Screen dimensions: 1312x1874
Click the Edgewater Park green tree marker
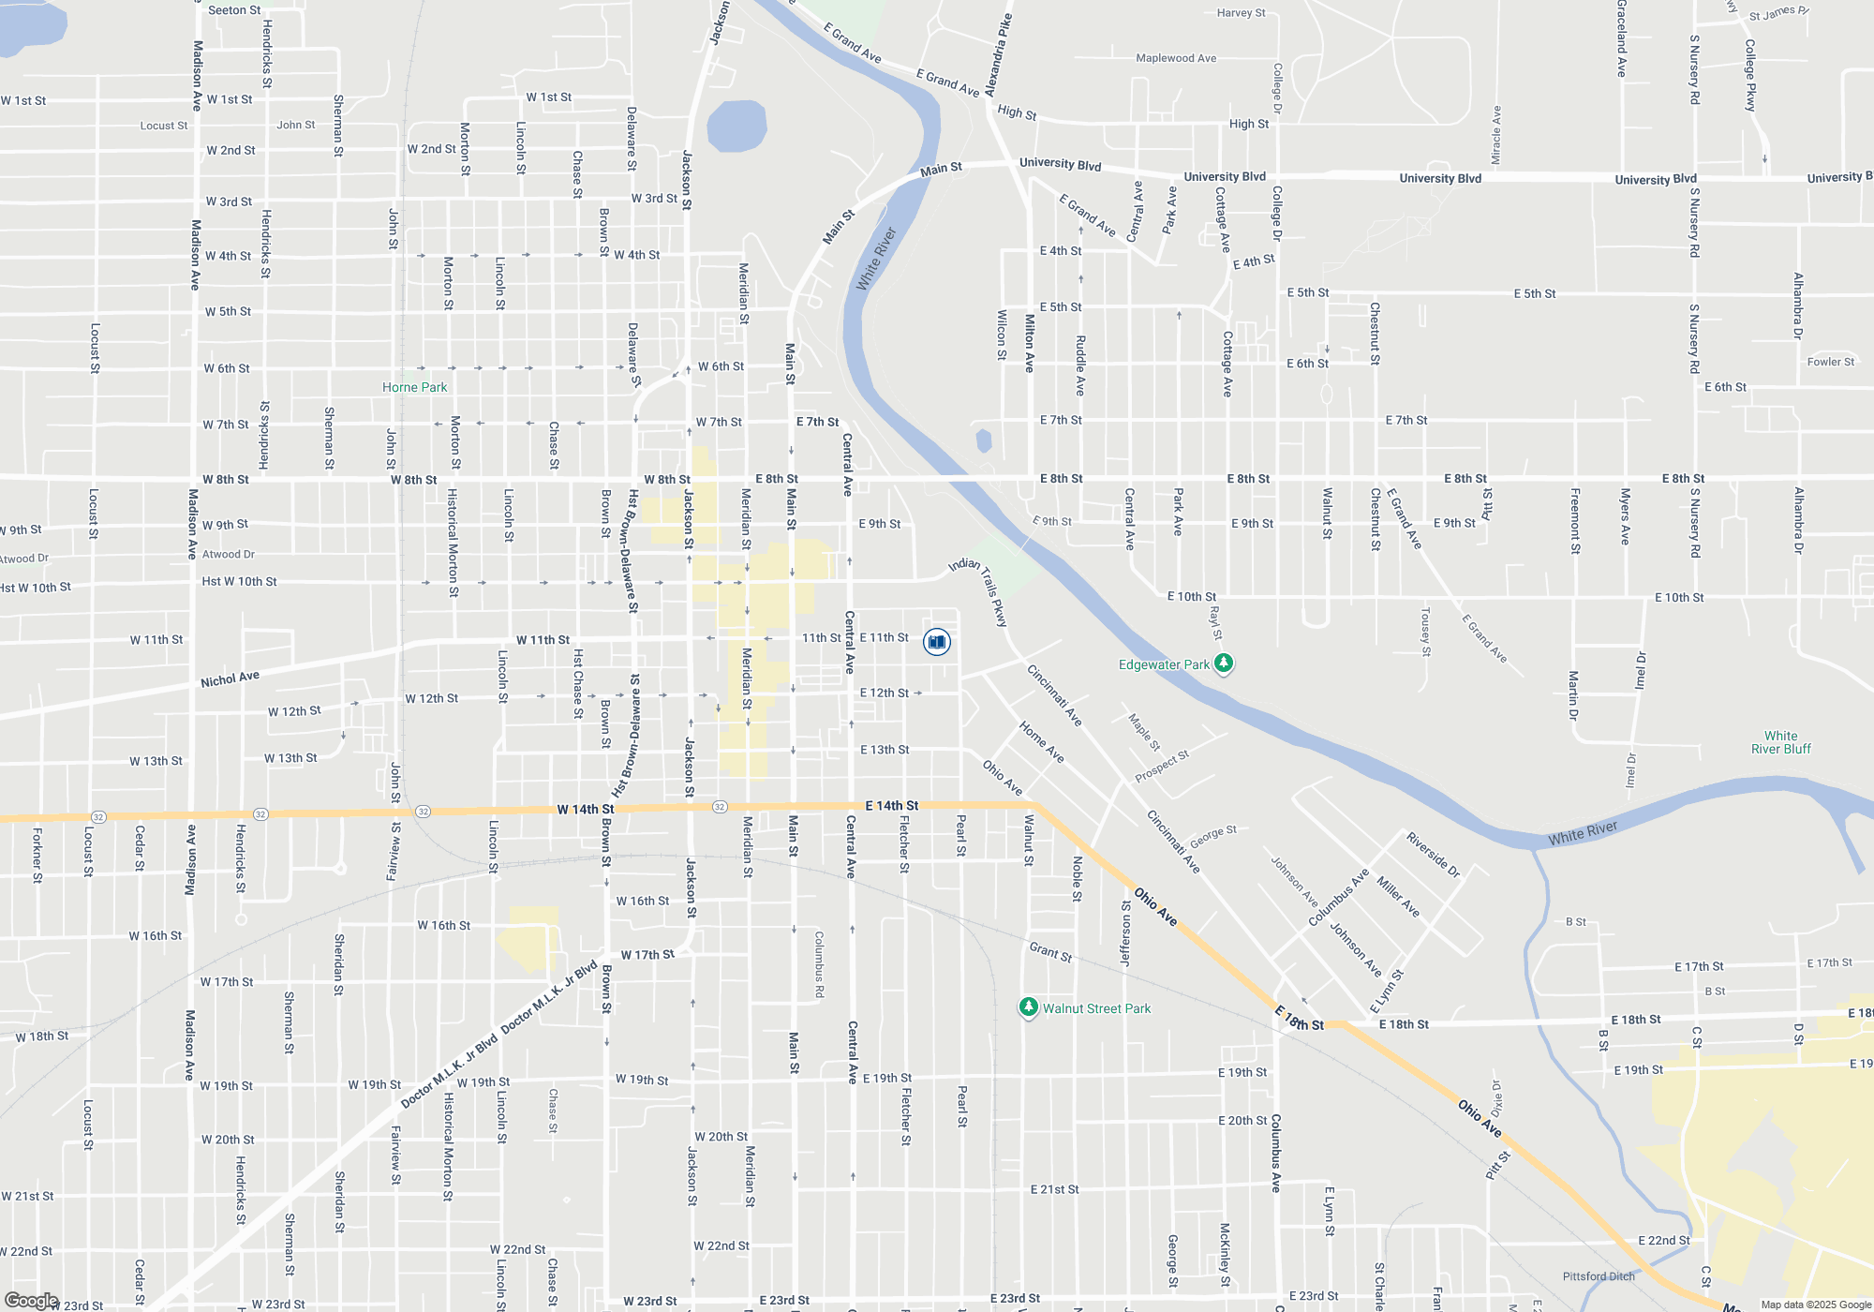[1223, 663]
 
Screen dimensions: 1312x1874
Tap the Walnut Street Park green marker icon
[1028, 1007]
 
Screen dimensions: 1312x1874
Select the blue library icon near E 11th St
[937, 642]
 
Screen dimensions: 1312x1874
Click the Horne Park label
[414, 387]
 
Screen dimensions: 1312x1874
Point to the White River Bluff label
[1780, 742]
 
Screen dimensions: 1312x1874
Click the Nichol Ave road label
[230, 678]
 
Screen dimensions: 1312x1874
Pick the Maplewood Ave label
[1176, 58]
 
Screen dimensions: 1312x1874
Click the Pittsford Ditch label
[1599, 1276]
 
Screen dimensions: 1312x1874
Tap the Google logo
[31, 1301]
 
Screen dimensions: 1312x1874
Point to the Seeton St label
[234, 10]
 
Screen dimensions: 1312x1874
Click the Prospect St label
[1162, 767]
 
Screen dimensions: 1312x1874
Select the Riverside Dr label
[1434, 855]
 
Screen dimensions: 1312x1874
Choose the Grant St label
[1050, 952]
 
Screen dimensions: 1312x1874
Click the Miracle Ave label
[1496, 135]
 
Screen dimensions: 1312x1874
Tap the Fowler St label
[1831, 362]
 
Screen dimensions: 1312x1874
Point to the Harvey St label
[1241, 13]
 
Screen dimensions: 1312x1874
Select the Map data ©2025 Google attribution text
[1816, 1305]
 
